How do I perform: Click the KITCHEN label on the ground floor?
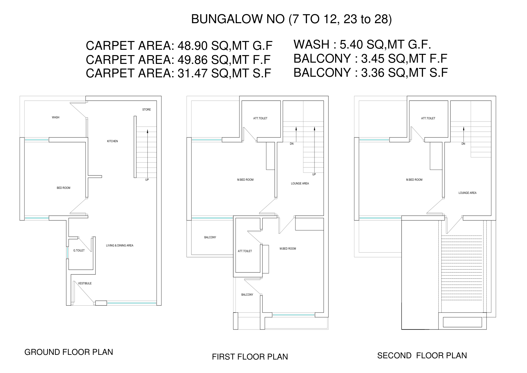[112, 141]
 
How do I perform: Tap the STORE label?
[146, 110]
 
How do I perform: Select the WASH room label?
[55, 117]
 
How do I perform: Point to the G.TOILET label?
[79, 251]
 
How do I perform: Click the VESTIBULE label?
[85, 283]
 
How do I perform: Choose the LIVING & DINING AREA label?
[120, 245]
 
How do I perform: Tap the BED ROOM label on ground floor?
[64, 188]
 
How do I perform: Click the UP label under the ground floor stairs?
[147, 180]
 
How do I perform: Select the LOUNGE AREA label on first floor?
[300, 184]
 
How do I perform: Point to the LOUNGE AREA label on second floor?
[468, 193]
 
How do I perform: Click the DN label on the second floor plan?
[463, 144]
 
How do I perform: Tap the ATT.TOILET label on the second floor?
[428, 118]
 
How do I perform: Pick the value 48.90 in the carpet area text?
[193, 45]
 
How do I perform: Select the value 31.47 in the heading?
[193, 73]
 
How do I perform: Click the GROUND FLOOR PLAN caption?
[69, 352]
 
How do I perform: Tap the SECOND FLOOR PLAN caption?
[422, 355]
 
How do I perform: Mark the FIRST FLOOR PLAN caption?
[250, 357]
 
